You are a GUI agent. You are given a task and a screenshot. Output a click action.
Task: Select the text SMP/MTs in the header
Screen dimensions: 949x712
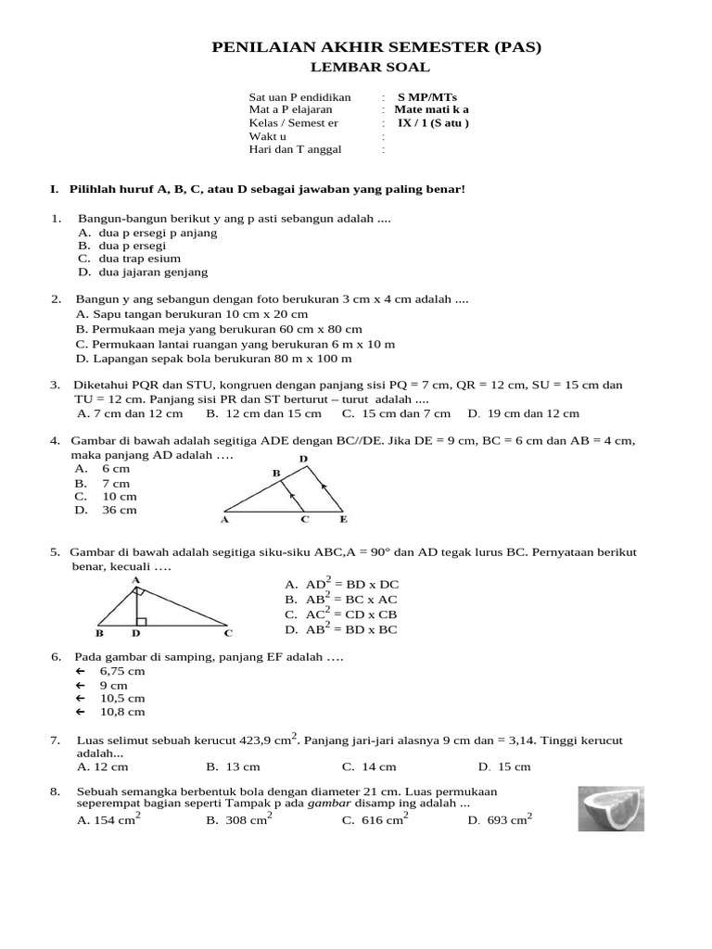coord(427,97)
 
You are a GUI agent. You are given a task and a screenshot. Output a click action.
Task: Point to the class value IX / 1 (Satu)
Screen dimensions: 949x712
coord(433,122)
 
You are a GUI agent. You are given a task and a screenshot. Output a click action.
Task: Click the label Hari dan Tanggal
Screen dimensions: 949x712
coord(295,148)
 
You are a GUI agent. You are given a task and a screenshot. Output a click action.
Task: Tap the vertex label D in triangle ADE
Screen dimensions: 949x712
coord(303,460)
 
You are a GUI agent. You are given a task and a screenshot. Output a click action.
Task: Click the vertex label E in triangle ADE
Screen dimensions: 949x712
coord(343,520)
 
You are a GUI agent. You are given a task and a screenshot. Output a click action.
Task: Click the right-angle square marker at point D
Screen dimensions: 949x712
coord(140,621)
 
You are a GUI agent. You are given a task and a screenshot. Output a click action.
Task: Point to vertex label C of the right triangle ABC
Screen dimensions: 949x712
coord(228,634)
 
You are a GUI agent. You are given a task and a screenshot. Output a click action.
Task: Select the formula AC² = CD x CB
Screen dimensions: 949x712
coord(341,614)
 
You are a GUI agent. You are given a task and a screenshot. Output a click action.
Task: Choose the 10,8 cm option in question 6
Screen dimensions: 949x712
coord(122,712)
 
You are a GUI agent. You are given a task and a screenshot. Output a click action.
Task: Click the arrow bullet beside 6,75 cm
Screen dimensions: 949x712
coord(80,671)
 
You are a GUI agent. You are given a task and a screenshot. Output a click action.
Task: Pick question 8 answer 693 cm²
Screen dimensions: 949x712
coord(500,820)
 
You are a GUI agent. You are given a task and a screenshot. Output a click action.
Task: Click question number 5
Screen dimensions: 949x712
coord(56,552)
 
